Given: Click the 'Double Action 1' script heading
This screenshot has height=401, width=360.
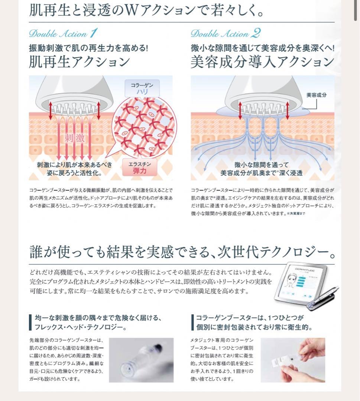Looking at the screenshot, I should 63,33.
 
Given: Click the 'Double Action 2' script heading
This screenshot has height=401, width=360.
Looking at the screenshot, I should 225,33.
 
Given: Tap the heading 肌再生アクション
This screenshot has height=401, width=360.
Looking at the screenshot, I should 79,62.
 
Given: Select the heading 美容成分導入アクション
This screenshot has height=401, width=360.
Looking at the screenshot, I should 262,62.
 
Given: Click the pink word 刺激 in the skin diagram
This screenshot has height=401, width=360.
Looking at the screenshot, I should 75,138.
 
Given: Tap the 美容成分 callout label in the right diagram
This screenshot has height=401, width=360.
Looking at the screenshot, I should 317,95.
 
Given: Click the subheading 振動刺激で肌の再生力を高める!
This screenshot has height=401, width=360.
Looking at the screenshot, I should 89,48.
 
